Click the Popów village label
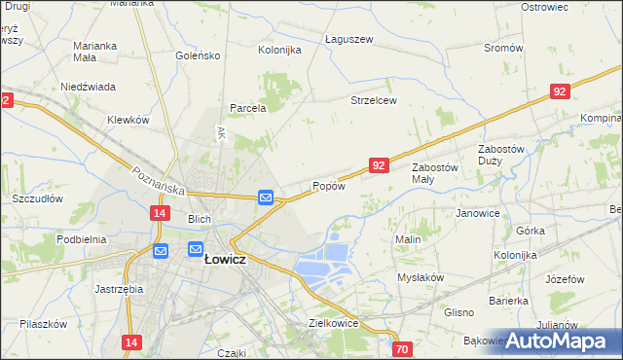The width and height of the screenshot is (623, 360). tap(328, 186)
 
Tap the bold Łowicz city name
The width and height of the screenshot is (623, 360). tap(223, 260)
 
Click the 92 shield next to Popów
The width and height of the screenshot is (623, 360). tap(380, 166)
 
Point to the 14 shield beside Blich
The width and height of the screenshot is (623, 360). tap(161, 212)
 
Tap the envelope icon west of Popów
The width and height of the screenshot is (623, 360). tap(266, 198)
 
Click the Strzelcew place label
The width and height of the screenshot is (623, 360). tap(374, 100)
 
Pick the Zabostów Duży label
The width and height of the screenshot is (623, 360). tap(502, 155)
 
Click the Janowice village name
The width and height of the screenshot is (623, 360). tap(477, 213)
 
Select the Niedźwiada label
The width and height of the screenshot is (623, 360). tap(89, 86)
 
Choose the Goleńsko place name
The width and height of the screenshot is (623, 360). tap(199, 55)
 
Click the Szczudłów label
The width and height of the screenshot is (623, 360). tap(37, 198)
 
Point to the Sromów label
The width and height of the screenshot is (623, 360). tap(503, 47)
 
